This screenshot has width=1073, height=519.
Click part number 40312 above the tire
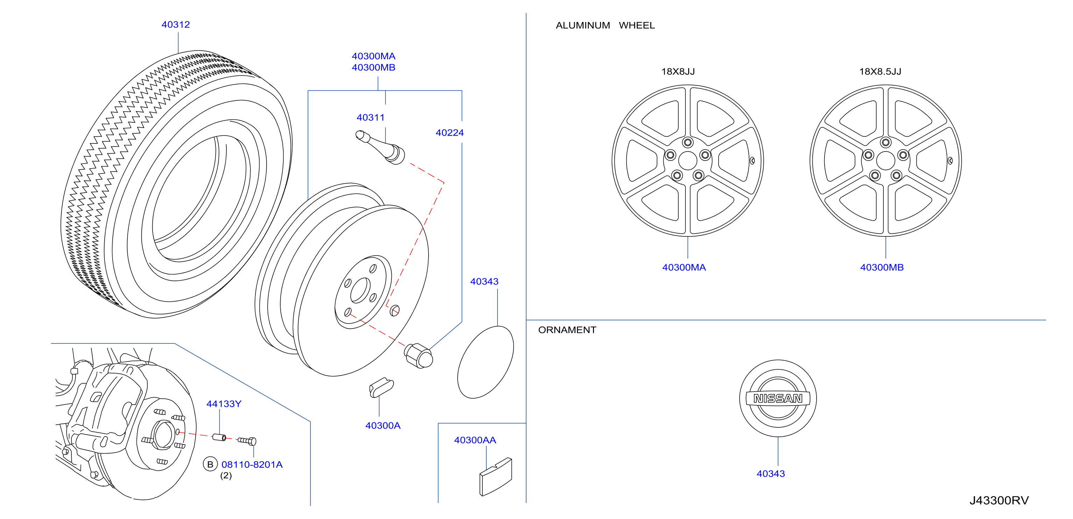(175, 24)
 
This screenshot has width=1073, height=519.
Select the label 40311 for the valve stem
(370, 118)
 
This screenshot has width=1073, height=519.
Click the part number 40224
(450, 133)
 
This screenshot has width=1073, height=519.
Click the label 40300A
(383, 425)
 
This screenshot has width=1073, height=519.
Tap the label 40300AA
(475, 440)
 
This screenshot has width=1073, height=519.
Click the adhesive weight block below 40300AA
(496, 477)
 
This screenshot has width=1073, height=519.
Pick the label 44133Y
(224, 404)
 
